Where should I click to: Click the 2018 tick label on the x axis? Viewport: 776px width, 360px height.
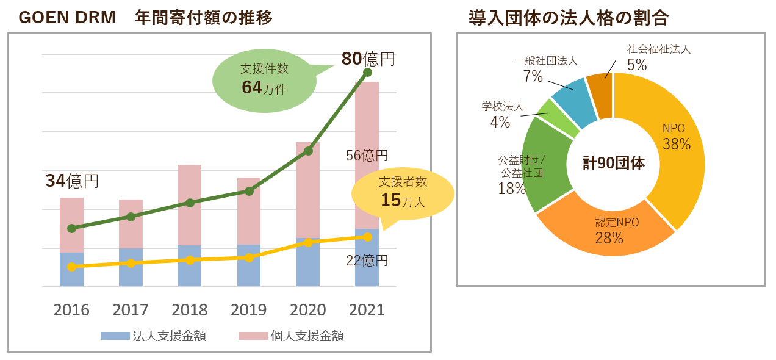tap(190, 310)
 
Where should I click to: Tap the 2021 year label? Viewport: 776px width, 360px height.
tap(367, 310)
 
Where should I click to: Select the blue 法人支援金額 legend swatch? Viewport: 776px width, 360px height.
tap(115, 336)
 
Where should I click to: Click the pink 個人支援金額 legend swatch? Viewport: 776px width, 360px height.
tap(253, 336)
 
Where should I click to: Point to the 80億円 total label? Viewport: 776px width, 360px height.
tap(368, 59)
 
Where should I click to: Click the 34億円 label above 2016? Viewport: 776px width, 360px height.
tap(72, 181)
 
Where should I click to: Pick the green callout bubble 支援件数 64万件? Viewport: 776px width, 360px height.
tap(264, 80)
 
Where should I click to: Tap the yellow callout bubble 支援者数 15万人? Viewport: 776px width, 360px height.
tap(403, 192)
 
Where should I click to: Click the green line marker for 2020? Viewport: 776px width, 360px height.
tap(308, 151)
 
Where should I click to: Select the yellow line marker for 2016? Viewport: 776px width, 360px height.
tap(71, 267)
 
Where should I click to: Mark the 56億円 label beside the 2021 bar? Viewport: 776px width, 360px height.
tap(367, 156)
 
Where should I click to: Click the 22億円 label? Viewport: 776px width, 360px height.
tap(367, 261)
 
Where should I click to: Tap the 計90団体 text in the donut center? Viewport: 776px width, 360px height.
tap(613, 164)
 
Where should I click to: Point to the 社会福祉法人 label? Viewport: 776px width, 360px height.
tap(659, 49)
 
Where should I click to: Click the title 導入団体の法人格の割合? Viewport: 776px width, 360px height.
tap(569, 18)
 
